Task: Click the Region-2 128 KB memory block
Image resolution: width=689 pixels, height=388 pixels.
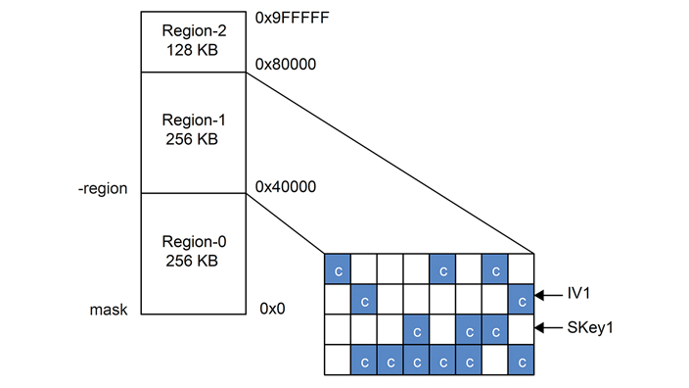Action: coord(193,41)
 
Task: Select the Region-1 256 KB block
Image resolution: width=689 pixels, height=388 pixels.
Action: coord(193,131)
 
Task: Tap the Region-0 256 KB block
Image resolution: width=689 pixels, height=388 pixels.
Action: coord(193,253)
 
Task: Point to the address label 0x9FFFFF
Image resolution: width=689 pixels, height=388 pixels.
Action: coord(293,17)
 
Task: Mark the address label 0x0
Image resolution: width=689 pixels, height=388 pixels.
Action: coord(272,308)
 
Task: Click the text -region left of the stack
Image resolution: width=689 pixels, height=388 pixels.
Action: coord(103,187)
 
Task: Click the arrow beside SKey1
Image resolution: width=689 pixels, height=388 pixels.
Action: coord(548,328)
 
